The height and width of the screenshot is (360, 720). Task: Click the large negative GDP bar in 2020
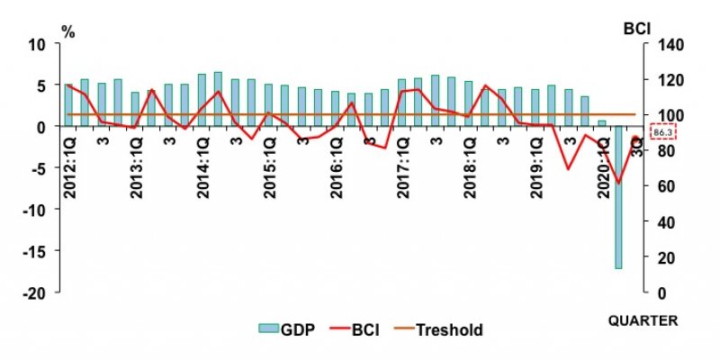point(618,197)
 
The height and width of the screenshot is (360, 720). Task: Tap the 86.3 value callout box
point(662,133)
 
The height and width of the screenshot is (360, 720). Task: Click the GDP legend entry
point(285,329)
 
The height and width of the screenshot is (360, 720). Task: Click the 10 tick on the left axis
point(39,44)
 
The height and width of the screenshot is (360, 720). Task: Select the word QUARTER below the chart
point(643,319)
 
